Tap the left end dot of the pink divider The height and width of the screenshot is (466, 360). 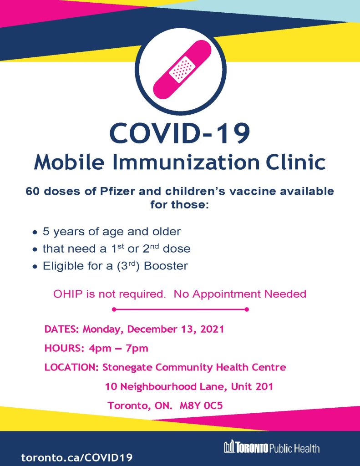pos(113,309)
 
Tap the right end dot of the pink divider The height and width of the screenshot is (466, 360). pos(246,309)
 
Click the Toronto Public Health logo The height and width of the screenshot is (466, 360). pos(271,448)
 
